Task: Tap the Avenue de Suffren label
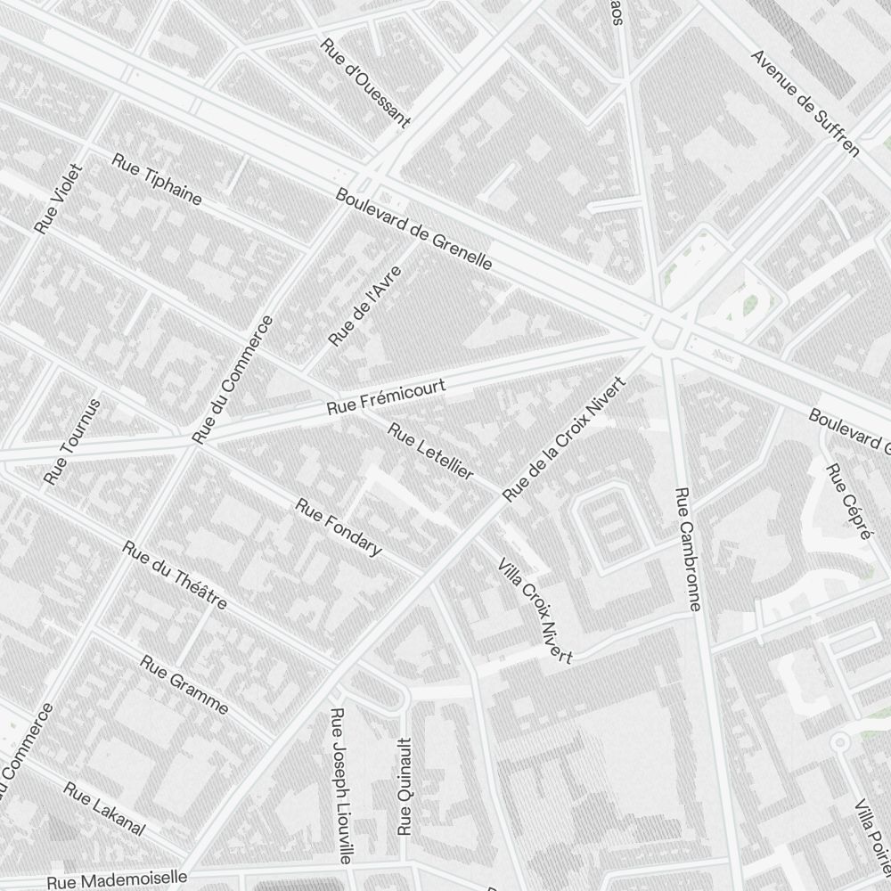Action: [805, 102]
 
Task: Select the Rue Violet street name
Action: [58, 199]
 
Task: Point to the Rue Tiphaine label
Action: [157, 178]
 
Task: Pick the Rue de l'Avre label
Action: [365, 306]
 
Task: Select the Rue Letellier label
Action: [430, 452]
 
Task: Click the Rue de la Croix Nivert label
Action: [565, 439]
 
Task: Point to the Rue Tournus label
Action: [72, 441]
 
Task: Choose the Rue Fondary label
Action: [339, 527]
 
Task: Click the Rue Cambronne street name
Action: [688, 549]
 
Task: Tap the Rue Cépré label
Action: [847, 502]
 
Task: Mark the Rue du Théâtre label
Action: [175, 575]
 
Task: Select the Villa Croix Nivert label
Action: [535, 611]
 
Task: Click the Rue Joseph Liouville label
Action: [341, 786]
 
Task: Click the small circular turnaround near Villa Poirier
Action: [838, 741]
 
